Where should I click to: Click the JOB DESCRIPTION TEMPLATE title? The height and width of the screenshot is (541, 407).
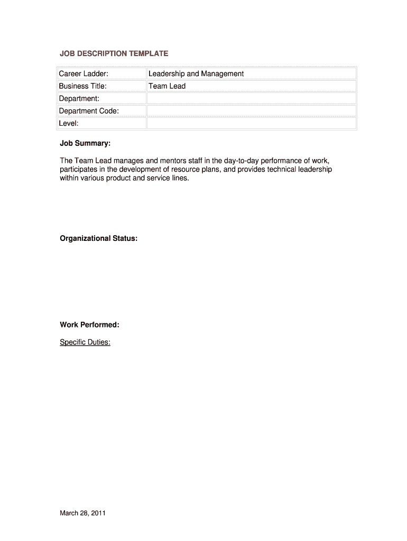point(114,53)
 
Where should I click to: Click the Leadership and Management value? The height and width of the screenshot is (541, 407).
point(196,73)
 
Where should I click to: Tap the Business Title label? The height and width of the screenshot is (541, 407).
point(82,86)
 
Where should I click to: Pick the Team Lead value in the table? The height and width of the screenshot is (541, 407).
point(167,86)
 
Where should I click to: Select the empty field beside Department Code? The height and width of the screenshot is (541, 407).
point(251,111)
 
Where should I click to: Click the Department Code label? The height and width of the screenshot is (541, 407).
point(89,111)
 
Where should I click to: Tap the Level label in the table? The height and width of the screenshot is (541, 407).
point(69,123)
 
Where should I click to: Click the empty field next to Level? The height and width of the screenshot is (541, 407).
point(251,123)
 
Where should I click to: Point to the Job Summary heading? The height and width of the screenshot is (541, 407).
point(85,143)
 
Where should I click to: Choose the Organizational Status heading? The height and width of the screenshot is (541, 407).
point(99,238)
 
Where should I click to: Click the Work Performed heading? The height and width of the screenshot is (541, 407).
point(89,324)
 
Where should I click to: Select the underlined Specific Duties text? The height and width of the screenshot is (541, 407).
point(85,342)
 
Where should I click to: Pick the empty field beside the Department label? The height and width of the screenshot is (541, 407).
point(251,98)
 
